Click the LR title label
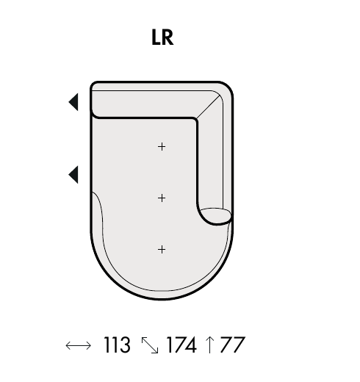coord(162,37)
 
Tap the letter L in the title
coord(156,37)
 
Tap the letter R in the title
coord(168,37)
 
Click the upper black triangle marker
coord(73,102)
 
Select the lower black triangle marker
coord(73,175)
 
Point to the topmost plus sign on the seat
coord(162,147)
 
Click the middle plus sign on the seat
coord(162,198)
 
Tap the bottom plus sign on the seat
coord(162,250)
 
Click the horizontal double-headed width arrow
coord(79,345)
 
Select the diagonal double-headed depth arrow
coord(150,345)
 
